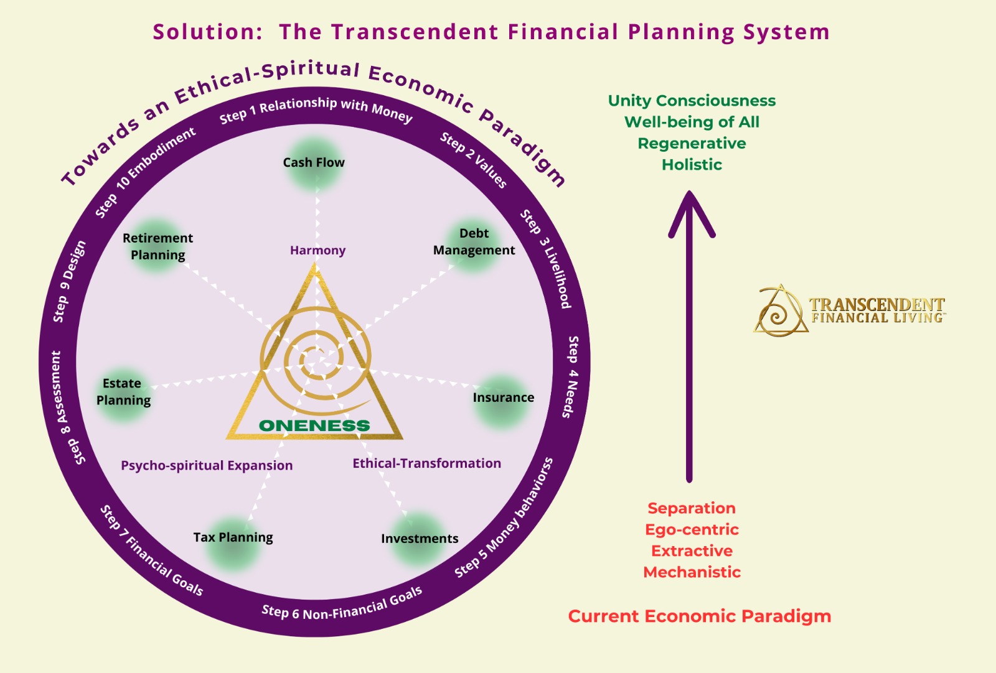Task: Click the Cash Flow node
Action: tap(314, 163)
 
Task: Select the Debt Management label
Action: tap(474, 242)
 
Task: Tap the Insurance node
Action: tap(503, 398)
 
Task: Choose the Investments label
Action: tap(420, 539)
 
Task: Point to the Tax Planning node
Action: tap(233, 538)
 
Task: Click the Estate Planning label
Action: tap(123, 392)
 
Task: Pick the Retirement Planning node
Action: tap(157, 246)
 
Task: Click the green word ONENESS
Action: tap(314, 425)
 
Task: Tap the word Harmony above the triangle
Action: tap(317, 250)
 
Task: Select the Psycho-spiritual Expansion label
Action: tap(207, 465)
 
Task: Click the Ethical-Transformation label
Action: tap(426, 463)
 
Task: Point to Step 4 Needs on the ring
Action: tap(572, 377)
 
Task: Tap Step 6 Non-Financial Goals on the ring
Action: tap(342, 605)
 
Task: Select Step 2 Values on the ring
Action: tap(474, 160)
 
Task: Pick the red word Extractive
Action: tap(692, 551)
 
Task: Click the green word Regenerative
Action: tap(692, 144)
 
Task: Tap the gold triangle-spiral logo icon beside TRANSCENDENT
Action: tap(780, 311)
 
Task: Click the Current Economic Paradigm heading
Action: tap(699, 616)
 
